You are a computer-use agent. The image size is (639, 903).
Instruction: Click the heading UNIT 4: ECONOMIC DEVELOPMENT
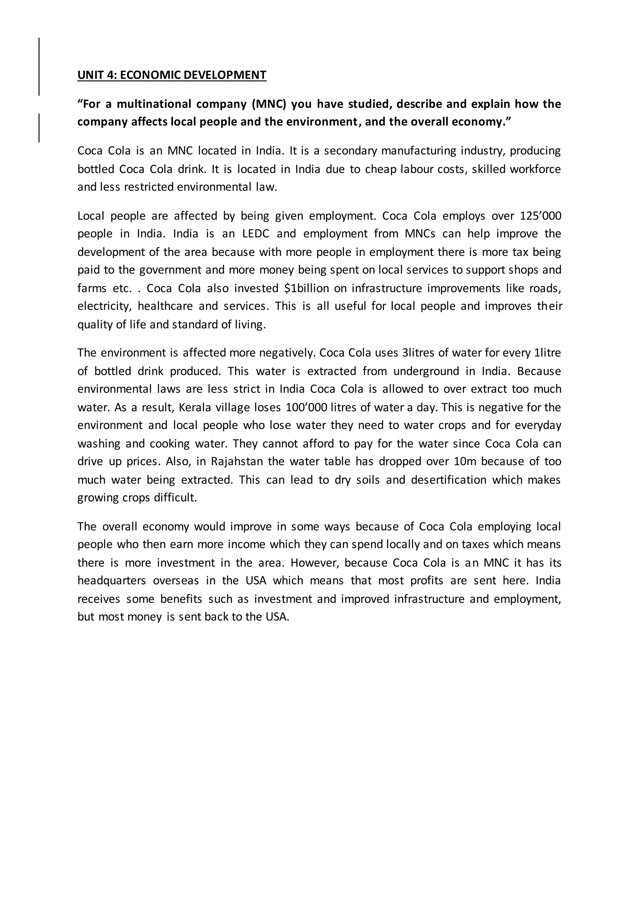point(172,75)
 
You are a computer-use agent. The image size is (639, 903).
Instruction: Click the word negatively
point(287,353)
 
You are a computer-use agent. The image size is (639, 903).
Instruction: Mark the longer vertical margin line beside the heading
point(39,66)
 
